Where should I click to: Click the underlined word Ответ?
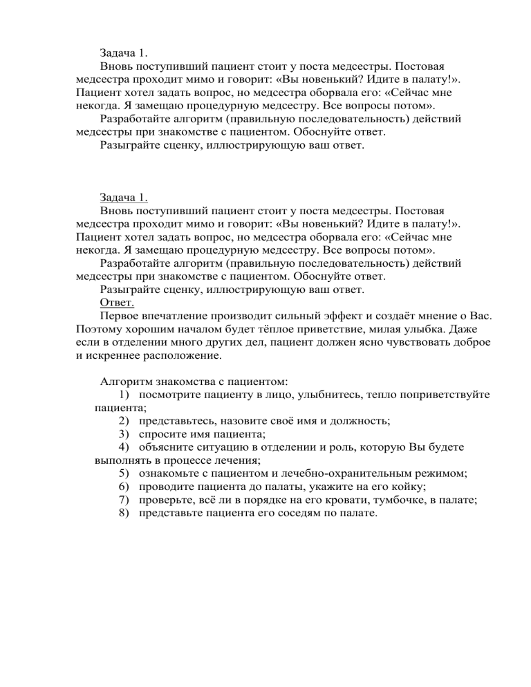coord(117,303)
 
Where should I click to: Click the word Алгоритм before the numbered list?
coord(126,382)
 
